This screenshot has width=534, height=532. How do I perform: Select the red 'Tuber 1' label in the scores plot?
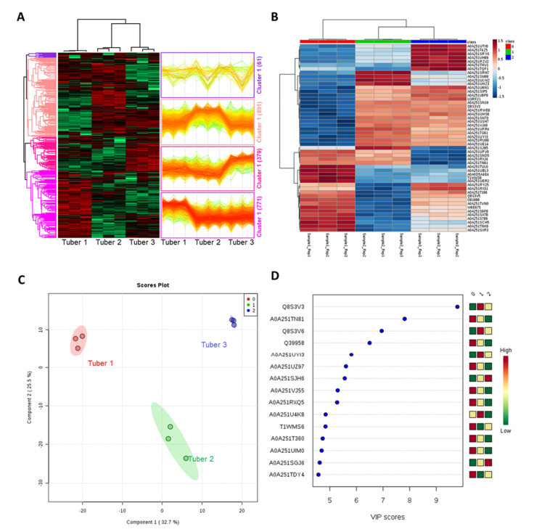tap(102, 362)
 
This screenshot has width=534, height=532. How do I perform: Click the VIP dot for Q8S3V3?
tap(457, 307)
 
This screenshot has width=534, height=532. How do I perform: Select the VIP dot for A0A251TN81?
tap(404, 319)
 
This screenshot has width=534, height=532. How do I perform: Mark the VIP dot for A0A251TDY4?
tap(318, 474)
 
